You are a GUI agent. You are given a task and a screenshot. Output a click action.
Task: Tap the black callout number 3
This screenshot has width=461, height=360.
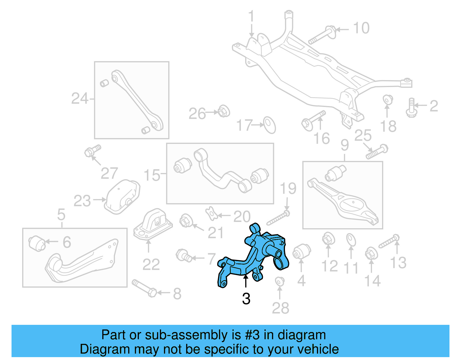tap(246, 299)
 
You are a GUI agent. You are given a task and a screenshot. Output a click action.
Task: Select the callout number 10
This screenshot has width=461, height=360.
tap(361, 28)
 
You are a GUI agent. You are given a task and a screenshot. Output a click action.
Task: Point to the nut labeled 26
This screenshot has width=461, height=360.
tap(224, 111)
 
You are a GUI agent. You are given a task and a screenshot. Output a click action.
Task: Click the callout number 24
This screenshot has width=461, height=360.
tap(80, 99)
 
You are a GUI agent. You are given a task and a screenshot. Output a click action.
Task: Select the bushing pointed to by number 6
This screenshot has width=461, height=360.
tap(37, 243)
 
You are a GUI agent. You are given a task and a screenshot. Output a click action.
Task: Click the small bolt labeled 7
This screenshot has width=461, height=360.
tap(184, 256)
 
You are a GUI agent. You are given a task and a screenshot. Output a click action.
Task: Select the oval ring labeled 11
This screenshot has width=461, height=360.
tap(351, 240)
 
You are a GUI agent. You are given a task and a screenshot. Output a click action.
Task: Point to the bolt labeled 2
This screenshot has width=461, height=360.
tap(411, 108)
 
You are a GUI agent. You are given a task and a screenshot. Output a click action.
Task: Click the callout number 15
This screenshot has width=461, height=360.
tap(152, 175)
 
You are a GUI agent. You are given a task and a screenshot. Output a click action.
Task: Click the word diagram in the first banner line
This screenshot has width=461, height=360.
tap(302, 335)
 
